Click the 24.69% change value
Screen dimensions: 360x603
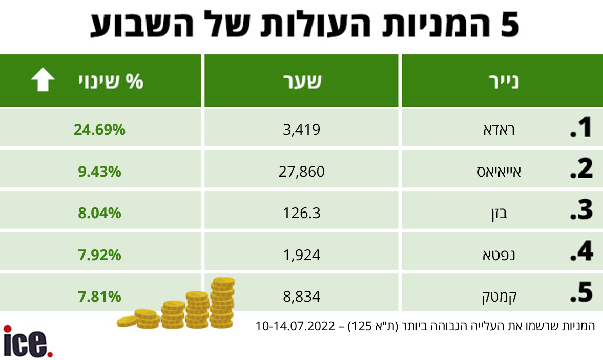[99, 130]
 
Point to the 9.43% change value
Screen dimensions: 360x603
[99, 171]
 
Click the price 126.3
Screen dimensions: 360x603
[302, 213]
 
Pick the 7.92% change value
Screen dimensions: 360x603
[99, 254]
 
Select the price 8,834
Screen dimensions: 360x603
[302, 295]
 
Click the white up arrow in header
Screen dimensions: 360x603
[43, 81]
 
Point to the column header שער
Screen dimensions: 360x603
[302, 81]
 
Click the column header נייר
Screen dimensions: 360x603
[502, 81]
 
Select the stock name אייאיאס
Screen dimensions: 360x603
[494, 172]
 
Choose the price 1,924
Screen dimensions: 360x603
[302, 254]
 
